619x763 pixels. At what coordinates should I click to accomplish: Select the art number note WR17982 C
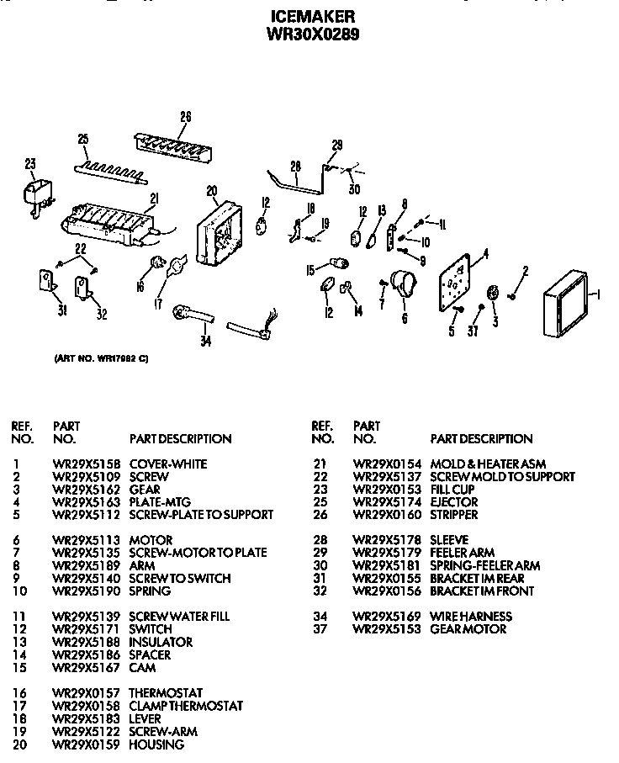coord(101,358)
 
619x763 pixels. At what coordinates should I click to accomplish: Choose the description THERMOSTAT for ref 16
coord(166,693)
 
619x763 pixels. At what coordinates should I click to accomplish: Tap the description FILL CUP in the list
coord(452,489)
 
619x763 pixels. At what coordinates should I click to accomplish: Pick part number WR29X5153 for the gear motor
coord(383,629)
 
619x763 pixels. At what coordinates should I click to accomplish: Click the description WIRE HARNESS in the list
coord(471,617)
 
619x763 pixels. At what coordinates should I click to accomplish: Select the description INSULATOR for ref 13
coord(160,642)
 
